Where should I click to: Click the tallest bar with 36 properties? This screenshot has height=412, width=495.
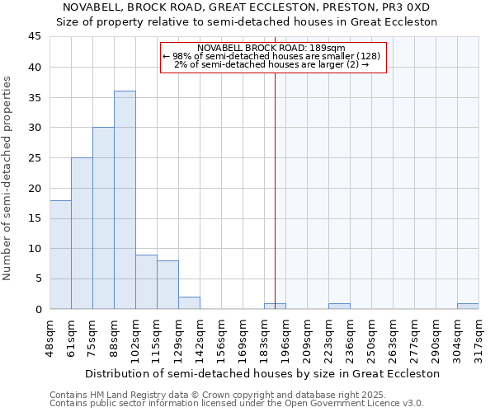[x=125, y=200]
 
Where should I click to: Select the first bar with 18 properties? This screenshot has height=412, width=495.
[x=60, y=255]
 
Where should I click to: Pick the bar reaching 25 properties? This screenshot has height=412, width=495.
[x=82, y=233]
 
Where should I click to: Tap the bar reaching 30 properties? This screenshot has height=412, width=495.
[x=103, y=218]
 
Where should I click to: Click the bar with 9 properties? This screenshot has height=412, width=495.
[x=146, y=282]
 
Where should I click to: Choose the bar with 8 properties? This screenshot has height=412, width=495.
[x=167, y=285]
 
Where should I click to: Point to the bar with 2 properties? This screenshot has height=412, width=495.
[x=189, y=303]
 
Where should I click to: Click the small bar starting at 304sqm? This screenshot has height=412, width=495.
[x=468, y=307]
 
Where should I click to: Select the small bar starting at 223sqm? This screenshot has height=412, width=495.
[x=339, y=307]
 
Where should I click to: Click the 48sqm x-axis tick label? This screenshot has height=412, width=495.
[x=50, y=339]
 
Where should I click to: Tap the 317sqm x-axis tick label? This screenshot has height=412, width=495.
[x=479, y=339]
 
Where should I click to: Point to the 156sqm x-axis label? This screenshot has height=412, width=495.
[x=222, y=339]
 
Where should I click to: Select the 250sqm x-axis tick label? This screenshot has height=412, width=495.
[x=372, y=339]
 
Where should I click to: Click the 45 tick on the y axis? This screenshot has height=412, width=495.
[x=35, y=37]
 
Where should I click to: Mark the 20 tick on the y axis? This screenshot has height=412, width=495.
[x=35, y=188]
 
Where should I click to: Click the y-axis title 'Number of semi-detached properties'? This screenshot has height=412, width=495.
[x=8, y=177]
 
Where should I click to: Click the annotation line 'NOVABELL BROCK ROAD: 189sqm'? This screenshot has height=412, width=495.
[x=271, y=48]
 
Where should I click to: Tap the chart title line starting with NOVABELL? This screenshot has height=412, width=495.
[x=247, y=7]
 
